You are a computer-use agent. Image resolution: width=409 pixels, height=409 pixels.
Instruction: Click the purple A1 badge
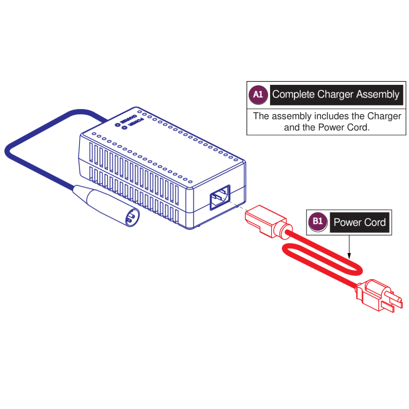pos(258,95)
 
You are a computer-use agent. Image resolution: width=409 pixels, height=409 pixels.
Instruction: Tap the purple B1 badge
pos(318,222)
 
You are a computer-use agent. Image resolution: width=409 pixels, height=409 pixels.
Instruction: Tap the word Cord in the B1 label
pos(375,223)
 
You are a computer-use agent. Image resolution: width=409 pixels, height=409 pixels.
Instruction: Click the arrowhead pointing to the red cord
pos(349,256)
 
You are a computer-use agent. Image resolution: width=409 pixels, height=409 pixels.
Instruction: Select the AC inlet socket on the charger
pos(220,197)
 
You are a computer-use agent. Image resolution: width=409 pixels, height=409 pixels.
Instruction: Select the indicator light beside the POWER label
pos(124,128)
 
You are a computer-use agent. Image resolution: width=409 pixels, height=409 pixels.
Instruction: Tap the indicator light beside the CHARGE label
pos(117,125)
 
